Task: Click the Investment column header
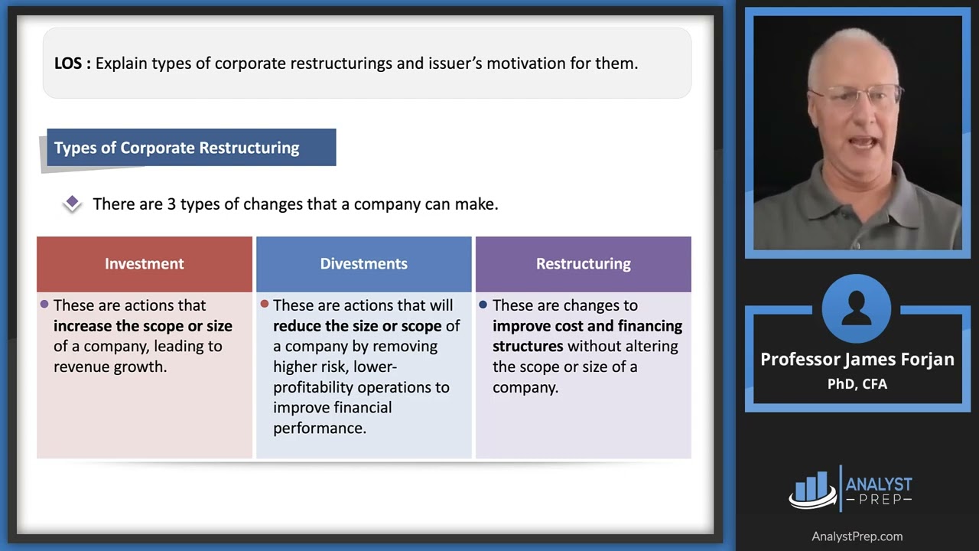145,264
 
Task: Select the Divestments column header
363,264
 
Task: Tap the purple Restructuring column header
583,264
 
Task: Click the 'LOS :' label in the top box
73,64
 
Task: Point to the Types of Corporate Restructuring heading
177,148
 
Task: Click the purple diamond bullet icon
72,203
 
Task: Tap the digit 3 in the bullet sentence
171,204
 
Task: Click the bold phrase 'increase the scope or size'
142,326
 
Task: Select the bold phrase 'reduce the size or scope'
357,326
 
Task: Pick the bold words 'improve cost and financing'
587,326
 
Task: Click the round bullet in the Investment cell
44,305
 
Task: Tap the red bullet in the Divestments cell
264,305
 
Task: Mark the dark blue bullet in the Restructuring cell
483,305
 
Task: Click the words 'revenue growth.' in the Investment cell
110,367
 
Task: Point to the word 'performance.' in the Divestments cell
320,428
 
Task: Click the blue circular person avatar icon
857,308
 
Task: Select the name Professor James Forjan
857,360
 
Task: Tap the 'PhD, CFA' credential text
857,384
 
